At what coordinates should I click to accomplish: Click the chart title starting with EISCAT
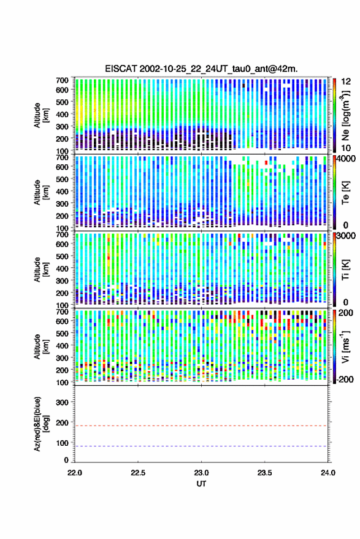201,69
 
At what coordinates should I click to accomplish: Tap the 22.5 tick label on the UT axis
138,473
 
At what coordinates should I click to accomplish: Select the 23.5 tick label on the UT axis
264,473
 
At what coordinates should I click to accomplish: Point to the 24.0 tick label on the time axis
327,473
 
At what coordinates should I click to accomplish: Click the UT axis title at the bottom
201,484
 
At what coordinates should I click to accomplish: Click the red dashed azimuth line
201,426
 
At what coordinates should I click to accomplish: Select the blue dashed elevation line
201,446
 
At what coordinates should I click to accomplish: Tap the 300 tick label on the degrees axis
62,402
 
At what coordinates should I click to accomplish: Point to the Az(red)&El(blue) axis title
41,424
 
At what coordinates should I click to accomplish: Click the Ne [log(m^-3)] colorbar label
345,115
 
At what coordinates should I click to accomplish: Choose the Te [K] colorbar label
345,193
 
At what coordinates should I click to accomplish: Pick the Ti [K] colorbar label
345,270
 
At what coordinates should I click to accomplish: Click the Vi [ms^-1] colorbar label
345,347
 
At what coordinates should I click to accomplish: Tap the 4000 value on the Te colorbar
346,159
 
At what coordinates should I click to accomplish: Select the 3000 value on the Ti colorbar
346,236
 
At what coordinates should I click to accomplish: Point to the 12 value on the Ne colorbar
346,82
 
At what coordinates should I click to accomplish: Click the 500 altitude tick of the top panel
62,102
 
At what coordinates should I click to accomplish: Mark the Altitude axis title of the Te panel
41,193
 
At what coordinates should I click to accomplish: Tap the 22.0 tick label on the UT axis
75,473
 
